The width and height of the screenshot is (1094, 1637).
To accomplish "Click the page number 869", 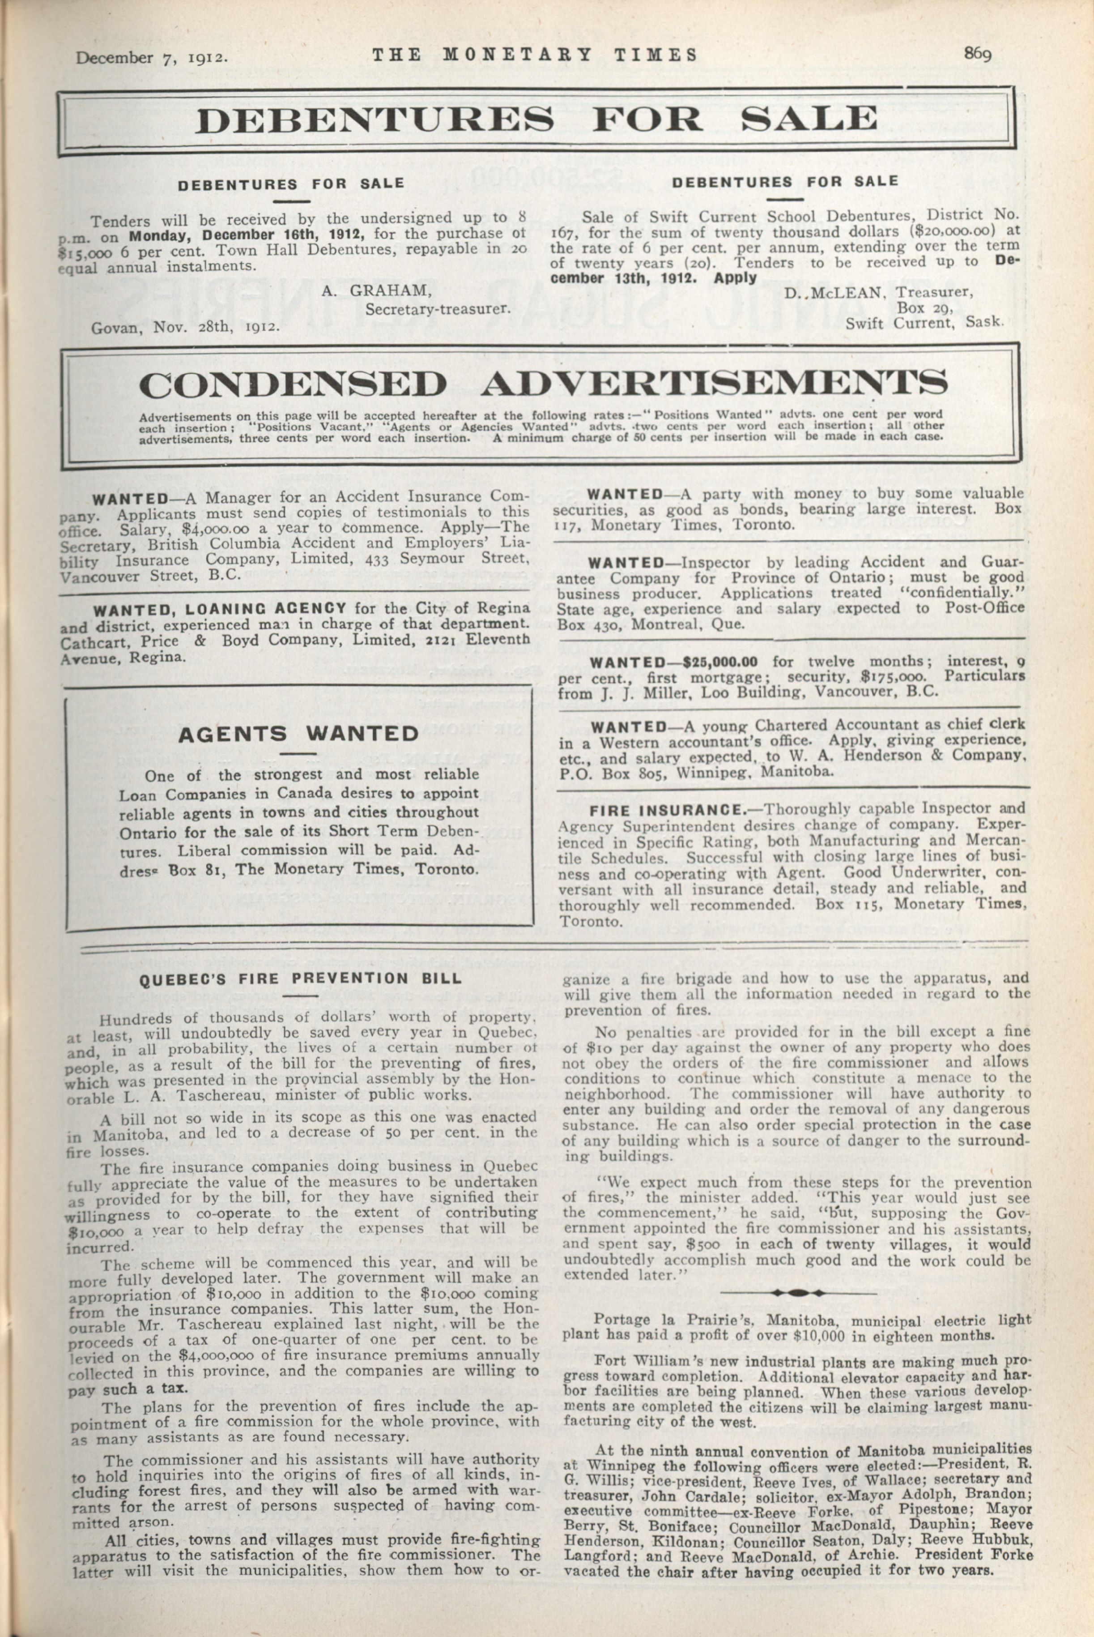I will coord(978,54).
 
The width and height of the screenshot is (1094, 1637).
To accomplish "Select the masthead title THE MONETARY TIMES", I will coord(534,55).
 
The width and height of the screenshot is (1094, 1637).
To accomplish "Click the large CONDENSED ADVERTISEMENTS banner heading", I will coord(543,384).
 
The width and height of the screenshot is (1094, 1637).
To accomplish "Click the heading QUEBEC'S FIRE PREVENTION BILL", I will coord(300,978).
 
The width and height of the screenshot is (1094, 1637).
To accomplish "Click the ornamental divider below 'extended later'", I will coord(797,1292).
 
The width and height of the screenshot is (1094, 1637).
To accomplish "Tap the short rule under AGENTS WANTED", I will coord(298,754).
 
